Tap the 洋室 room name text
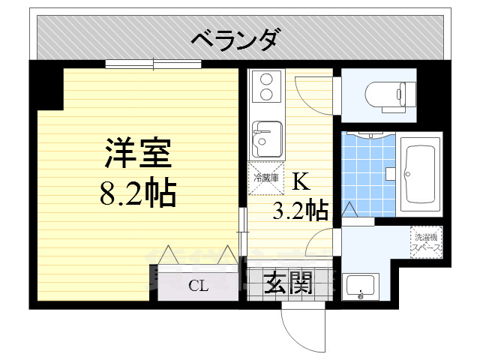[139, 154]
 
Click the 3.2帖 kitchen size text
[300, 211]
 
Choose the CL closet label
[198, 285]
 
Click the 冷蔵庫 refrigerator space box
[266, 178]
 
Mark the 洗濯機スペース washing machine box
[426, 241]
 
